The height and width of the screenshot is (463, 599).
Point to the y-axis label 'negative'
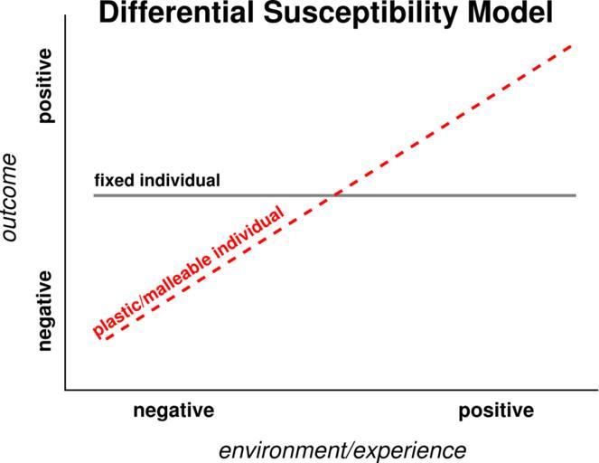pos(46,310)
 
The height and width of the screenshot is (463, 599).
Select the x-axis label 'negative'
pos(173,411)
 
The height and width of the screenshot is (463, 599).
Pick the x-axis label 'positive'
pos(496,411)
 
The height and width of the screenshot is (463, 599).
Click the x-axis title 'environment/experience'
pos(342,449)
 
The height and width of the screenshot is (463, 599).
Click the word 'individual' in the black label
pos(180,180)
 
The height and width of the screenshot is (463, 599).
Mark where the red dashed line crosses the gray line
pos(336,195)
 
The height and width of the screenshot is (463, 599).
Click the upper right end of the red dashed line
pos(571,43)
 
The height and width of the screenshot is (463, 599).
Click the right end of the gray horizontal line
pos(576,195)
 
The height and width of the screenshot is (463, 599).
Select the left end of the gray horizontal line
pos(95,195)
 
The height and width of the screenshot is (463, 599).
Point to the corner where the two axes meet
pos(66,391)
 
